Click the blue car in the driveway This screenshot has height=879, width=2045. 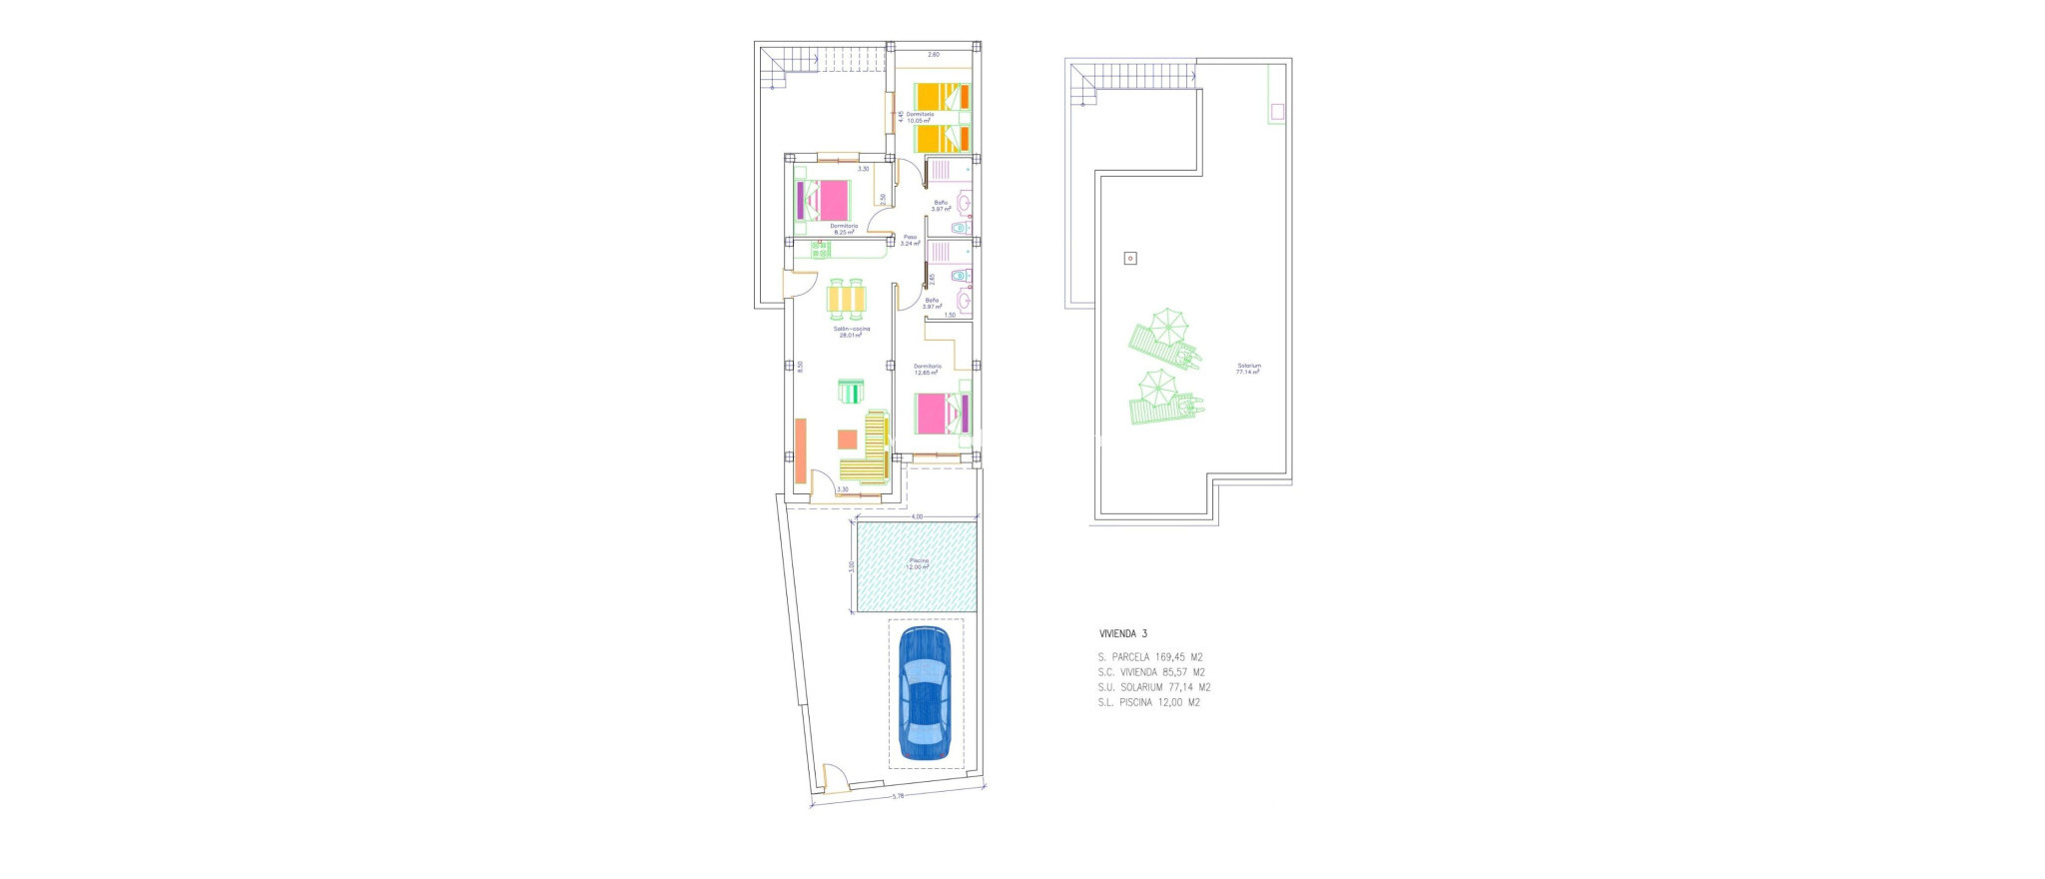click(925, 693)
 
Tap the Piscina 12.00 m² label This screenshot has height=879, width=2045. click(918, 563)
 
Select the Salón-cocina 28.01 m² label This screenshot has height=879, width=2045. click(851, 332)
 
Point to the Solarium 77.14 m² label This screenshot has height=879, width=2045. click(1248, 369)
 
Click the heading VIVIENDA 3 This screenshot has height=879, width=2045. click(1123, 633)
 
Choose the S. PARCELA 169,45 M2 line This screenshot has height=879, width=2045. click(1150, 657)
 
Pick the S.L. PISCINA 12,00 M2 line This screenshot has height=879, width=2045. click(1149, 702)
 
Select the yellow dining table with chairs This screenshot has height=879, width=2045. click(848, 298)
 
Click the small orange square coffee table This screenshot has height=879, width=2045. click(847, 439)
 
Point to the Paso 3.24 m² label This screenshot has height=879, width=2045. click(910, 240)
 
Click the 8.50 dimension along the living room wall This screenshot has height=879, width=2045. click(800, 367)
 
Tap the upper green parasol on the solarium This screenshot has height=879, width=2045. click(1166, 325)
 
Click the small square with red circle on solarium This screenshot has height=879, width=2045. click(1130, 259)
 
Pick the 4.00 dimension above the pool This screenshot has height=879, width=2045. click(918, 516)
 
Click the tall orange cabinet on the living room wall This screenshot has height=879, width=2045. click(800, 451)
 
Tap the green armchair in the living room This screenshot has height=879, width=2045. click(851, 392)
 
